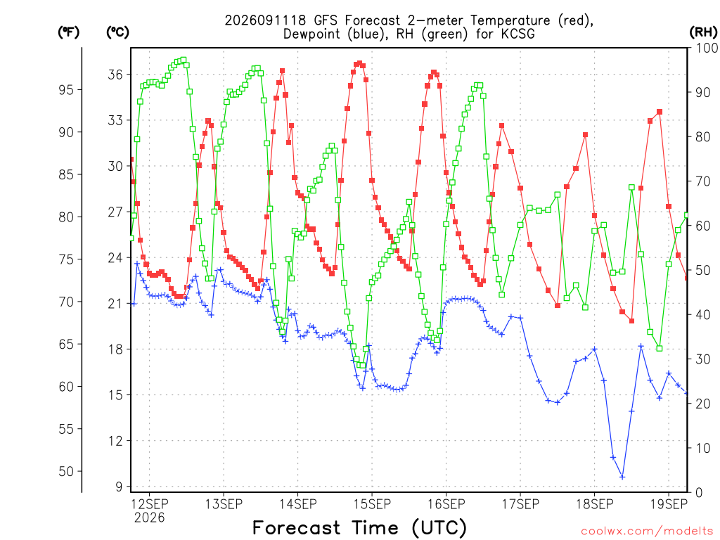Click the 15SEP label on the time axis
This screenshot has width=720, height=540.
click(372, 504)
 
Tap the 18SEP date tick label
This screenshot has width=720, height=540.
click(595, 504)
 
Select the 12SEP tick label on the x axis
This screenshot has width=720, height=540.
click(150, 504)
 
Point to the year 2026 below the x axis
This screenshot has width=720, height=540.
click(149, 518)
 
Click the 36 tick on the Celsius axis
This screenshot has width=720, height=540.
click(116, 75)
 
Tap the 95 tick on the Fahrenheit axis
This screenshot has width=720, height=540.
click(66, 89)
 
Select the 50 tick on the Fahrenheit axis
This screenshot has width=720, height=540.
click(66, 471)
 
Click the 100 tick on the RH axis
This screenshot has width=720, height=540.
click(707, 48)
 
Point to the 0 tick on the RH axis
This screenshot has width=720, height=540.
click(700, 493)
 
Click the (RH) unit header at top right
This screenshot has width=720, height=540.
click(703, 32)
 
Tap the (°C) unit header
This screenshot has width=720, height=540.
click(117, 32)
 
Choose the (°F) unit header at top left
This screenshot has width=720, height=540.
click(68, 32)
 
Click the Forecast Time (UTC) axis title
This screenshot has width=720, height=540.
click(359, 528)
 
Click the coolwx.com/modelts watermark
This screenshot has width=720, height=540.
click(647, 532)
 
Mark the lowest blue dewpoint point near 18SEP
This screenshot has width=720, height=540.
click(622, 477)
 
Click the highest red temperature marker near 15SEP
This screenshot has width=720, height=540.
click(359, 63)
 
